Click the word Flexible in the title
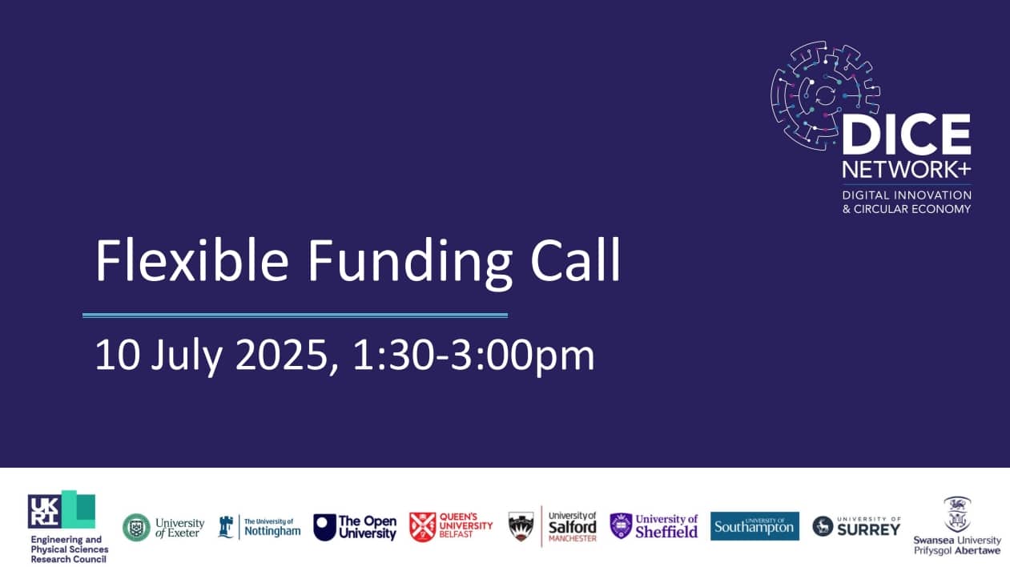pyautogui.click(x=191, y=260)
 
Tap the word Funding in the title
pyautogui.click(x=409, y=264)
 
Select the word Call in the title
pyautogui.click(x=575, y=260)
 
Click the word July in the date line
pyautogui.click(x=187, y=357)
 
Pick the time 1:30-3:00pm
pyautogui.click(x=473, y=356)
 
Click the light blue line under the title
pyautogui.click(x=296, y=316)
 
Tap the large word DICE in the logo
pyautogui.click(x=907, y=135)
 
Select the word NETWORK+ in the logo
pyautogui.click(x=907, y=170)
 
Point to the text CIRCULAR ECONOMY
pyautogui.click(x=911, y=209)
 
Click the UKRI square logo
pyautogui.click(x=62, y=510)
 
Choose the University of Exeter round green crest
pyautogui.click(x=136, y=527)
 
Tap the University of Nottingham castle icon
pyautogui.click(x=225, y=527)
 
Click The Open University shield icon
pyautogui.click(x=324, y=527)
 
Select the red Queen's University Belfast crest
pyautogui.click(x=422, y=527)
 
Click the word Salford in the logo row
pyautogui.click(x=572, y=527)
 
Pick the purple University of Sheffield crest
pyautogui.click(x=621, y=526)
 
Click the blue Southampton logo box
pyautogui.click(x=754, y=526)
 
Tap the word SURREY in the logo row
pyautogui.click(x=869, y=530)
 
